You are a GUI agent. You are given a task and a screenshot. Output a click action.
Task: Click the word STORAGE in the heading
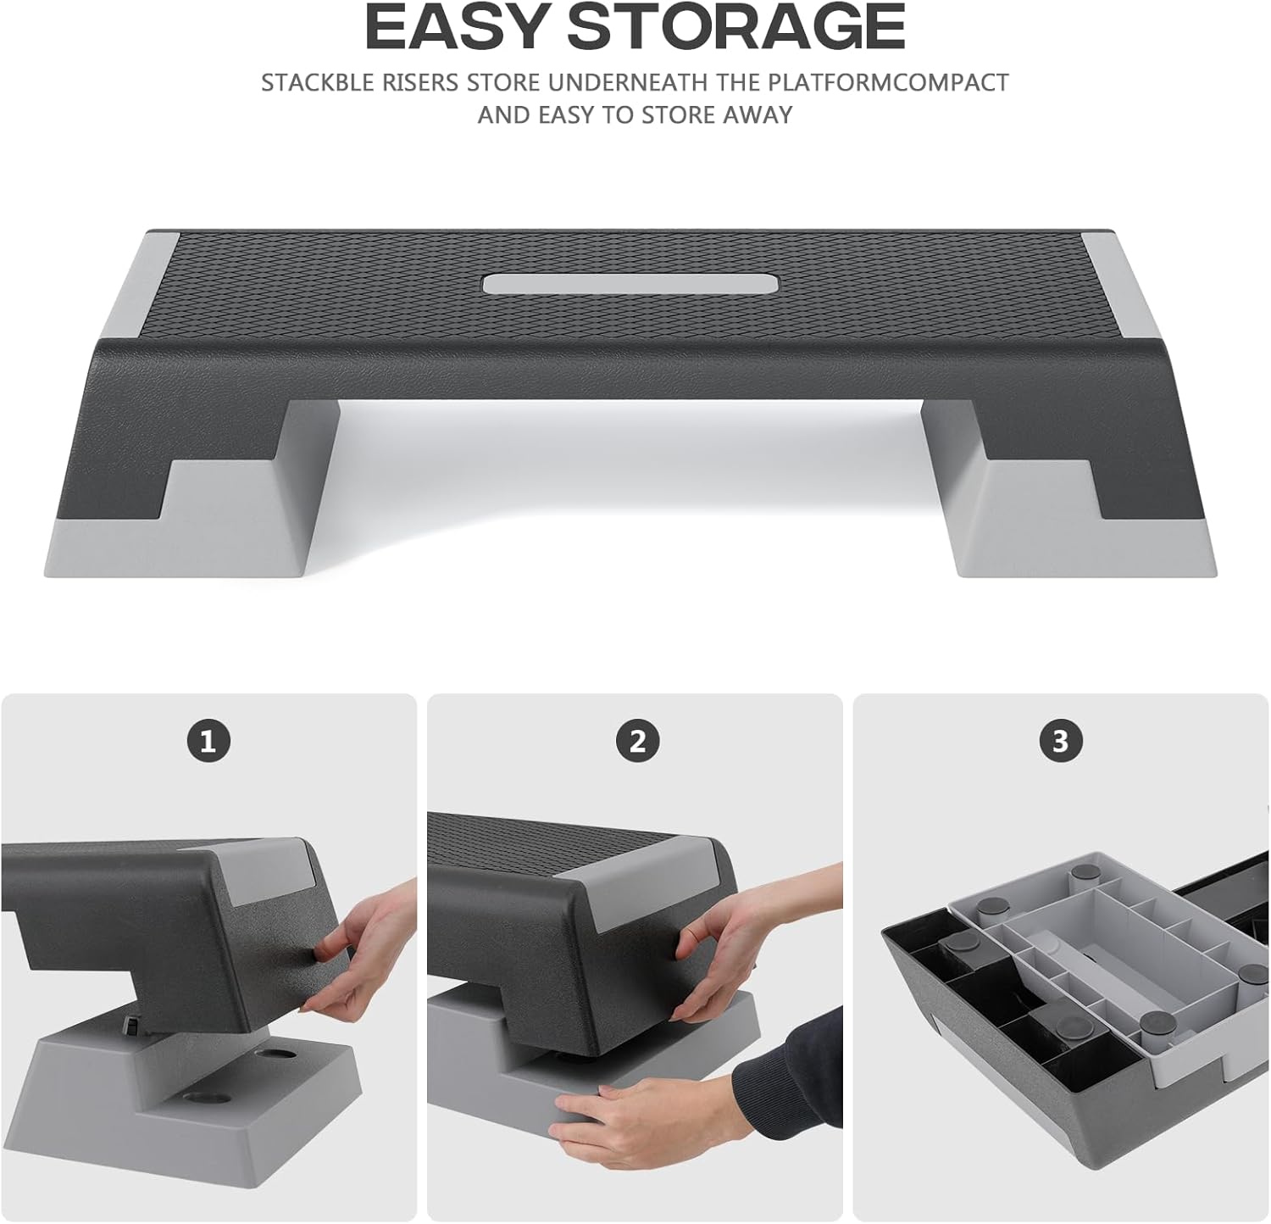tap(736, 27)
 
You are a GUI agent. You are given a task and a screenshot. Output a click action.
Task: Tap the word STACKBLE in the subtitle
tap(317, 83)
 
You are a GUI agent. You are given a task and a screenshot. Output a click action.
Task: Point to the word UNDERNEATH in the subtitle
tap(628, 83)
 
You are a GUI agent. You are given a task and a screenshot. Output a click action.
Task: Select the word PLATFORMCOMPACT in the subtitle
tap(888, 83)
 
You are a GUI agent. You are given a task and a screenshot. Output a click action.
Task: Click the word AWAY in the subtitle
tap(758, 114)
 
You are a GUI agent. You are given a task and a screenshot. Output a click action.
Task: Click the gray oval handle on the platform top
tap(630, 283)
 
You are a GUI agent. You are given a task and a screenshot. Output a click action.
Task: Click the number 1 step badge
tap(208, 742)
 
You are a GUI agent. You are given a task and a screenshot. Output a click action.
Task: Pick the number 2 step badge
tap(637, 742)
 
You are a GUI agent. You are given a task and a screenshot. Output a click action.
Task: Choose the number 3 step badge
tap(1060, 742)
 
